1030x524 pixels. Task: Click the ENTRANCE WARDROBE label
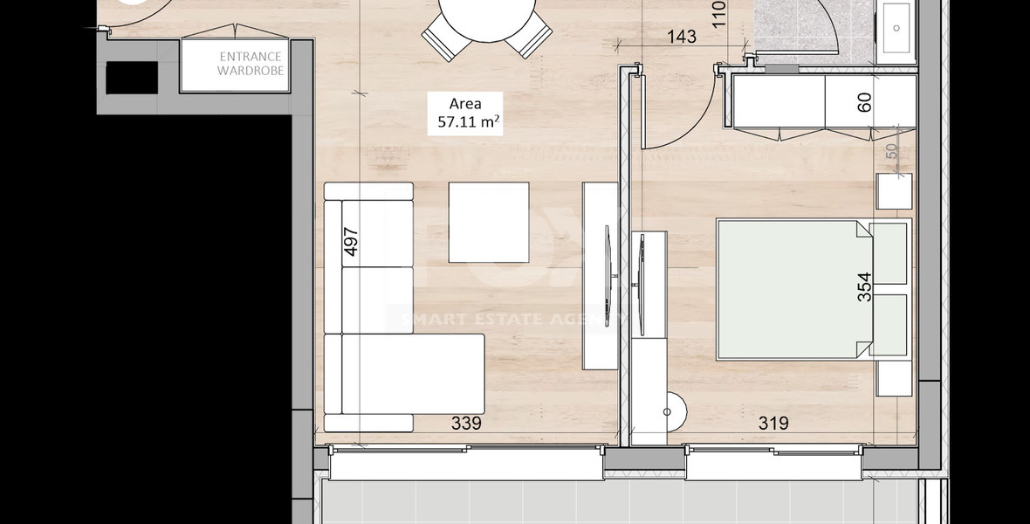[x=251, y=64]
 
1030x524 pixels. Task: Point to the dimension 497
[x=352, y=242]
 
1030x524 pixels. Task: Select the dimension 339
[x=467, y=424]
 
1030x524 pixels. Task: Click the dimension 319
[x=773, y=424]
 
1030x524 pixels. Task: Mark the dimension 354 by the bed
[x=863, y=288]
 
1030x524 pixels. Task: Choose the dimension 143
[x=681, y=37]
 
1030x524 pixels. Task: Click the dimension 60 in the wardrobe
[x=864, y=102]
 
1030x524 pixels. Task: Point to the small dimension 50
[x=891, y=149]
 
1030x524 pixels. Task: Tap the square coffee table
[x=489, y=222]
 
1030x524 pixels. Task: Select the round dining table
[x=487, y=17]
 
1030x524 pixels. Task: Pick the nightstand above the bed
[x=894, y=191]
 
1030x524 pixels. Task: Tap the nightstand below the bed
[x=894, y=377]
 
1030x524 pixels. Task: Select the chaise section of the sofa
[x=412, y=375]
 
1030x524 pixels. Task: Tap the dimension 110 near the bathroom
[x=718, y=15]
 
